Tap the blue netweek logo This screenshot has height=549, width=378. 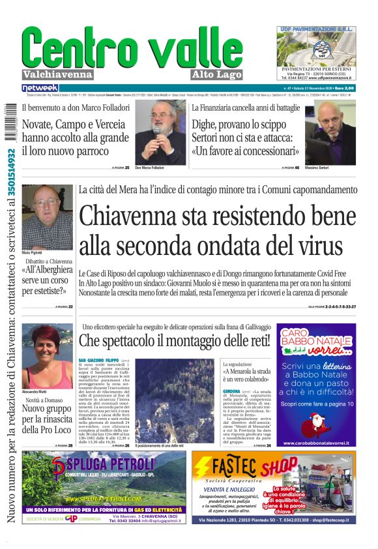click(40, 87)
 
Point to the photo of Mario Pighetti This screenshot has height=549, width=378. click(47, 217)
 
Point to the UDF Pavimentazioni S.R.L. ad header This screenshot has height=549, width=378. click(316, 29)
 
